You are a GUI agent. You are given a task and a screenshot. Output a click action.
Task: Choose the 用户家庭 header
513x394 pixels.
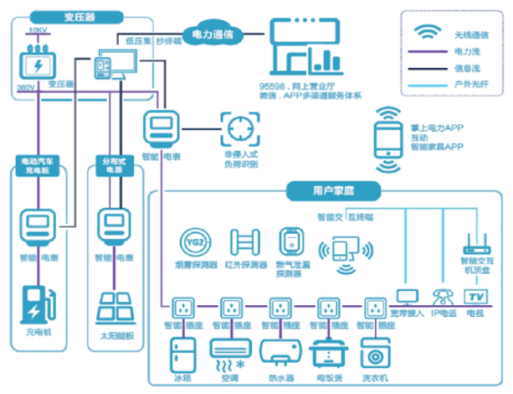[315, 191]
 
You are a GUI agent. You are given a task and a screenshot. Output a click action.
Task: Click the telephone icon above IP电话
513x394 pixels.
[441, 297]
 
